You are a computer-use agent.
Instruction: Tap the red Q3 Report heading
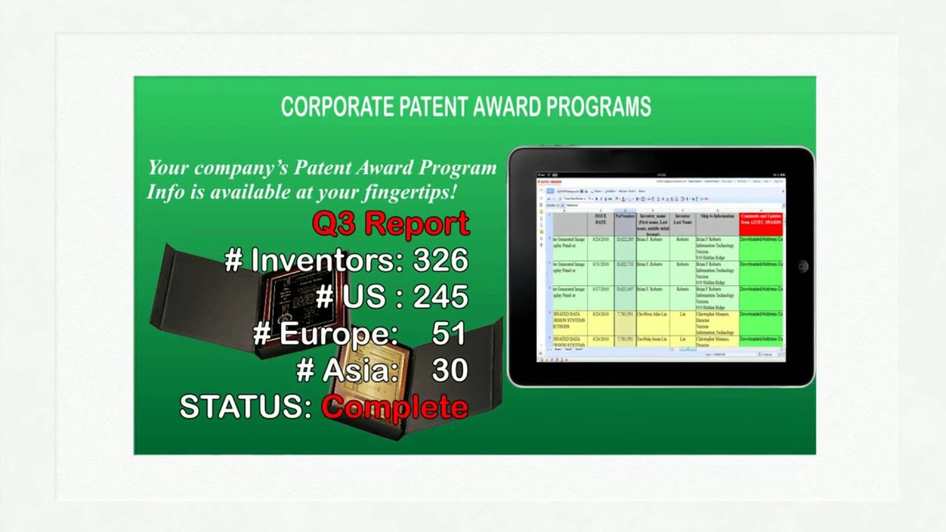pos(390,223)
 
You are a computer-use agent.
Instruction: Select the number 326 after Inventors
pos(440,260)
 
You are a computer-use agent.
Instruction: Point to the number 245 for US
pos(440,297)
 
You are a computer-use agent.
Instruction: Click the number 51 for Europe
pos(449,334)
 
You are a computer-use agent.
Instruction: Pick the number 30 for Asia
pos(449,370)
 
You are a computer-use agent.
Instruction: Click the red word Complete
pos(395,407)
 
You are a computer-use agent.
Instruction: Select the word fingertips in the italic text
pos(407,192)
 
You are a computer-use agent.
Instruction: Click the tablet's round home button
pos(803,266)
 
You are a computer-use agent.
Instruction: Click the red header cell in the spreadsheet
pos(761,223)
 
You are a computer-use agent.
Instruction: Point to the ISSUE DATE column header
pos(601,220)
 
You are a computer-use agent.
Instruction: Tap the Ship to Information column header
pos(717,216)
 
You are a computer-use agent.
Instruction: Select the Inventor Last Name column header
pos(682,219)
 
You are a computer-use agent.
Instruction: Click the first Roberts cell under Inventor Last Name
pos(681,240)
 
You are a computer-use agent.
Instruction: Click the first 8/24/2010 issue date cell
pos(600,240)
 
